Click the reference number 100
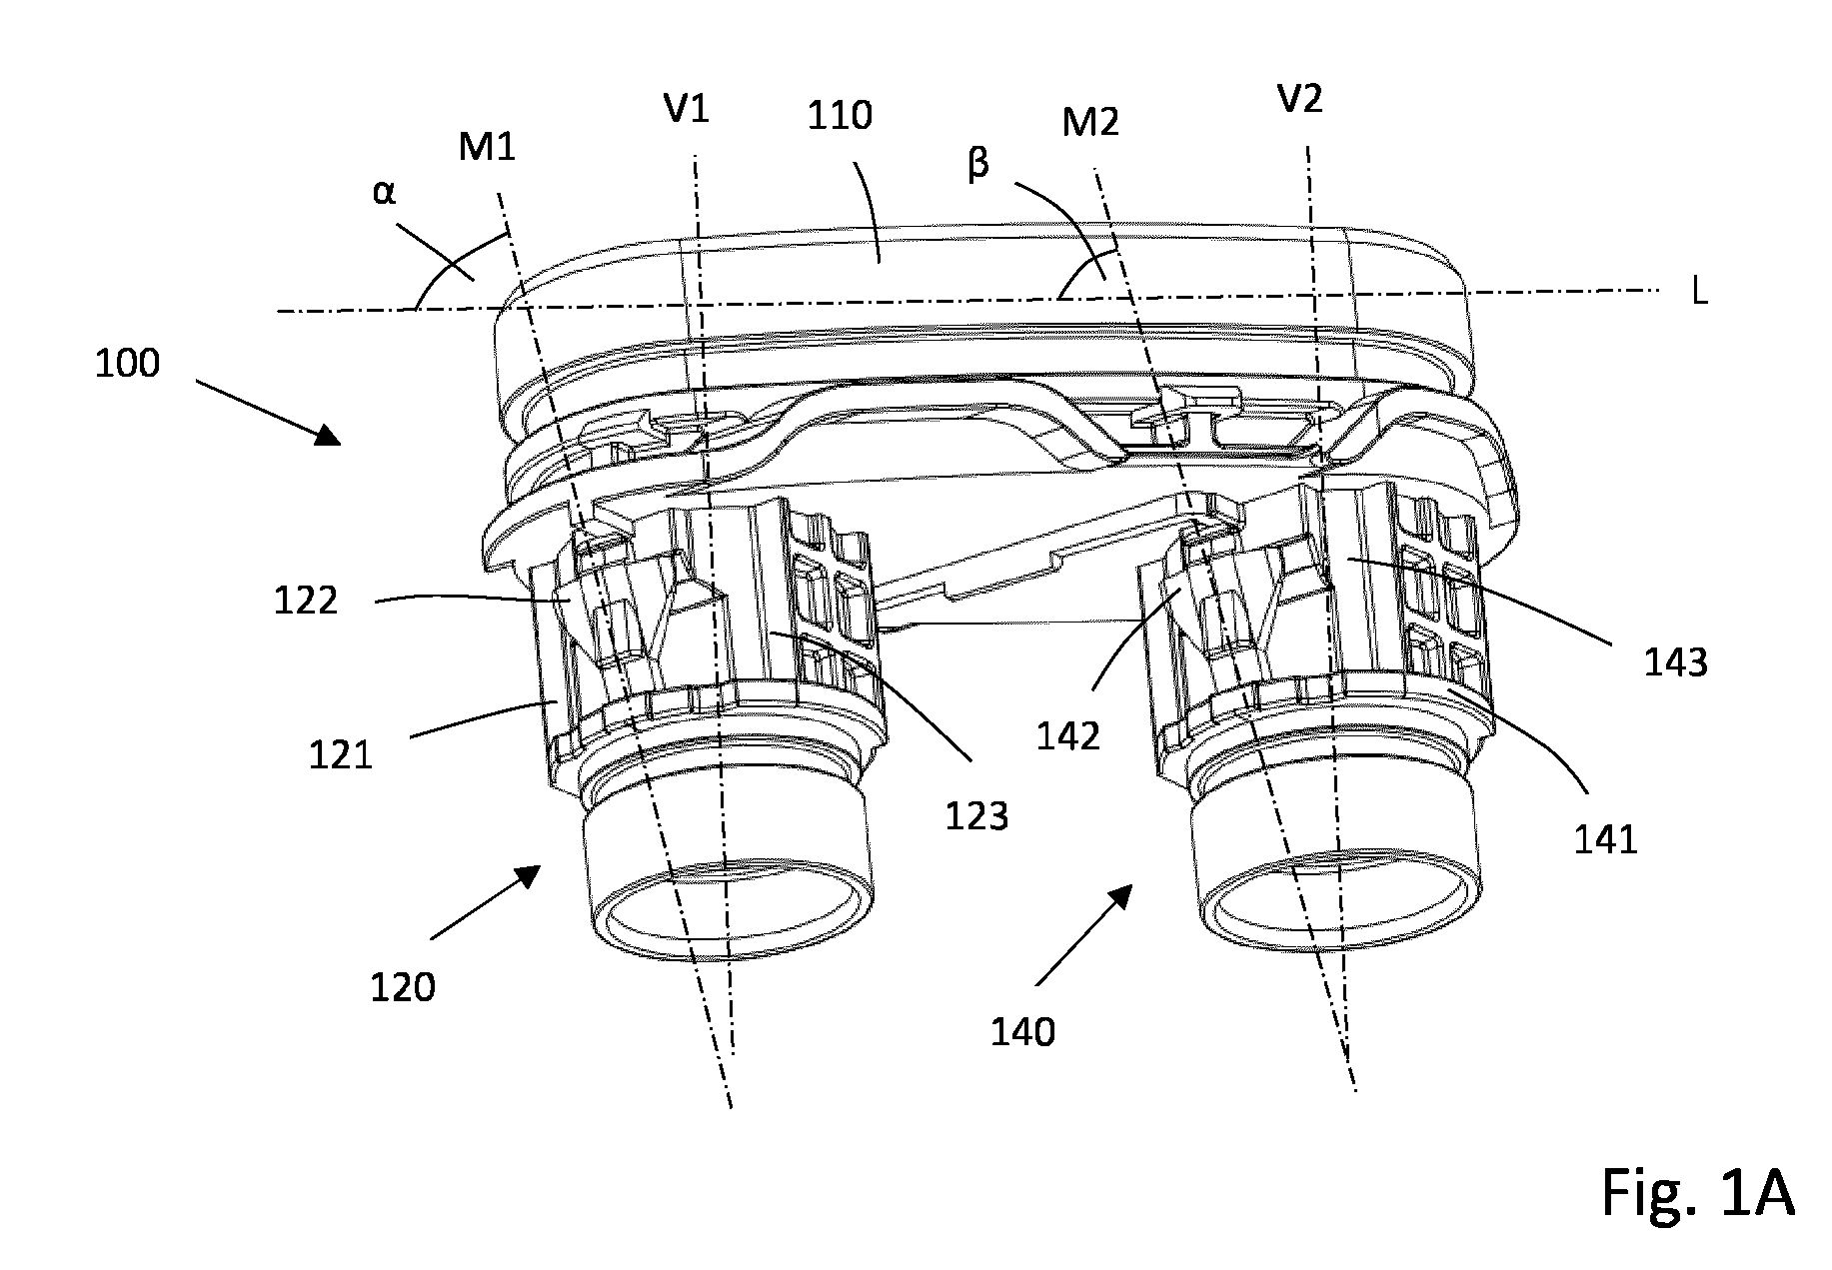pyautogui.click(x=127, y=363)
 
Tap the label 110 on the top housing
pyautogui.click(x=840, y=116)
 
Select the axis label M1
pyautogui.click(x=487, y=148)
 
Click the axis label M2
pyautogui.click(x=1090, y=122)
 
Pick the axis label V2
pyautogui.click(x=1300, y=99)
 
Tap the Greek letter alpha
pyautogui.click(x=384, y=192)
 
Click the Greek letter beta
pyautogui.click(x=977, y=163)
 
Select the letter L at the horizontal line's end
pyautogui.click(x=1699, y=294)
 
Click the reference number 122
pyautogui.click(x=306, y=601)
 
